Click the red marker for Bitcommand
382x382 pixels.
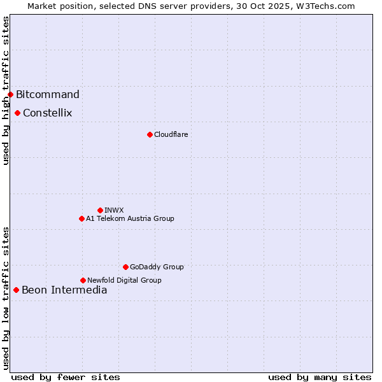point(10,95)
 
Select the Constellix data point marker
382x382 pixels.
point(17,113)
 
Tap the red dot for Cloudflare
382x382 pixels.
point(150,134)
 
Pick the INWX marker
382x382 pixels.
point(100,210)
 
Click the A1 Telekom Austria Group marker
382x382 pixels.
point(81,218)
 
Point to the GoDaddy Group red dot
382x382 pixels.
point(125,267)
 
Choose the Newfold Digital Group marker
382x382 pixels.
point(83,280)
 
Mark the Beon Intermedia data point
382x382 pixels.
point(16,290)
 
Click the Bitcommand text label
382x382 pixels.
point(48,95)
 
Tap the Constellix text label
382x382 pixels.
point(48,113)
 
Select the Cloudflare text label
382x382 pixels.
point(171,134)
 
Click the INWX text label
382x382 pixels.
point(115,210)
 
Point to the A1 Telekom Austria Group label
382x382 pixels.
point(130,218)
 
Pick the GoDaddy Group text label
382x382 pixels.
point(157,267)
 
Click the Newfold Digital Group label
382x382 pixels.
point(124,280)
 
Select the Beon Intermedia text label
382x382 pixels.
point(64,290)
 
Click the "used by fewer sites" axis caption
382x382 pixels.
point(66,377)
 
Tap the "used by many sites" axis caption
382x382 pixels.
point(320,377)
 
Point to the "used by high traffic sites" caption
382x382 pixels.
point(6,90)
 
